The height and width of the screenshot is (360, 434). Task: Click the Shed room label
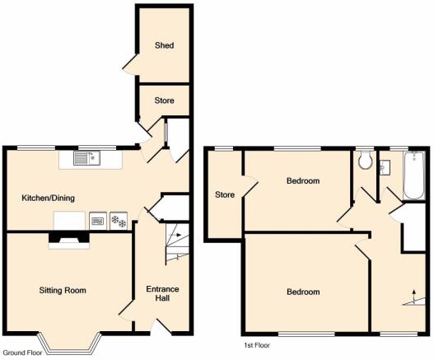[x=165, y=45]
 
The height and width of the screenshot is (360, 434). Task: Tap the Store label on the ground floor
[x=164, y=101]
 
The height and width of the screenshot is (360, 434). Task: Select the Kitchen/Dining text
[x=48, y=198]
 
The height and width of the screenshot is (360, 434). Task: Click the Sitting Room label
[x=63, y=290]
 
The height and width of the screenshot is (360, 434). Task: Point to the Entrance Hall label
[x=162, y=293]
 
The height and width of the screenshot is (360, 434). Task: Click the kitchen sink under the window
[x=87, y=158]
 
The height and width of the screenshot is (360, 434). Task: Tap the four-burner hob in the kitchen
[x=119, y=221]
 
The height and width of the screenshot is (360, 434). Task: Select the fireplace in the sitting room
[x=69, y=241]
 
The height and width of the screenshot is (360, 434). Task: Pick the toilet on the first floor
[x=365, y=161]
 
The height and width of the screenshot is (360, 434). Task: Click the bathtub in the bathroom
[x=413, y=175]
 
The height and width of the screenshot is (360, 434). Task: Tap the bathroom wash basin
[x=385, y=167]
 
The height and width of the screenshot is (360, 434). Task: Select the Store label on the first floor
[x=225, y=194]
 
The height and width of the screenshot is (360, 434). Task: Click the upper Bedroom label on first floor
[x=303, y=181]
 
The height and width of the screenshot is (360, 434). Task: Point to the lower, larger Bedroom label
[x=303, y=292]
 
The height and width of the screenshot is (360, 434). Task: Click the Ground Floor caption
[x=23, y=353]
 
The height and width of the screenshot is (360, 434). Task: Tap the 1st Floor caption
[x=257, y=345]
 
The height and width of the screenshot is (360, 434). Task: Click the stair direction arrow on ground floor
[x=175, y=235]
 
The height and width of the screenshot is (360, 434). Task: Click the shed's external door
[x=130, y=64]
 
